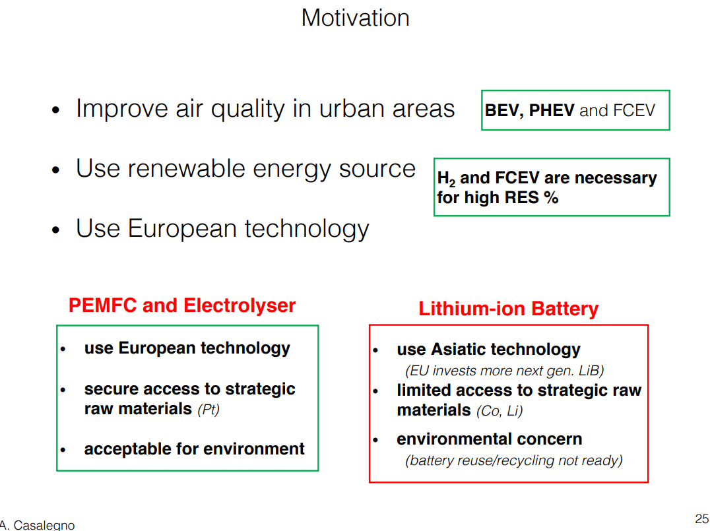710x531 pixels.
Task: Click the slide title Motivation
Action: pos(356,18)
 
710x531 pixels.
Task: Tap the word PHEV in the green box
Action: pos(552,110)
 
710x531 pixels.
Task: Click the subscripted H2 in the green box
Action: pos(446,179)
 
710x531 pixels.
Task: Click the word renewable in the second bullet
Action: pos(187,168)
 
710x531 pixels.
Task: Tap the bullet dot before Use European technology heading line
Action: pos(55,230)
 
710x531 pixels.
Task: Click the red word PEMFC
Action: pos(103,305)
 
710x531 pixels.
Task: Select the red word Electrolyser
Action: pos(240,305)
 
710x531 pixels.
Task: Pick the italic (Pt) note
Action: pos(209,410)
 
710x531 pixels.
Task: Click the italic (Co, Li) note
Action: pos(500,411)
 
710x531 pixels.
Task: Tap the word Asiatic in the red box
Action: pos(461,350)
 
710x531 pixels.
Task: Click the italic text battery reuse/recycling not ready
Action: pos(513,460)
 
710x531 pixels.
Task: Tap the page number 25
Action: pos(702,518)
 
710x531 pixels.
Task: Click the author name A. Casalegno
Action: pos(37,525)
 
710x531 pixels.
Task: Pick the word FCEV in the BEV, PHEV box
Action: pos(634,110)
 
